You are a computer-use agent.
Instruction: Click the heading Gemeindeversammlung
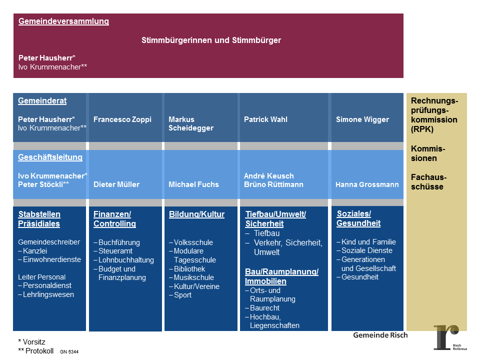click(x=63, y=21)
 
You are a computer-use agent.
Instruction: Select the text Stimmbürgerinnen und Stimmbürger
click(x=211, y=40)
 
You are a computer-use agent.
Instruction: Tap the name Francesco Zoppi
click(x=122, y=119)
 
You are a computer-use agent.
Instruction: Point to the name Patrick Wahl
click(x=265, y=119)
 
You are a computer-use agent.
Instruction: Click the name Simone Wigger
click(x=362, y=119)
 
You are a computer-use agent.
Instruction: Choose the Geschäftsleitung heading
click(x=50, y=157)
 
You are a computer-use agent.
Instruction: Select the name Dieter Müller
click(x=116, y=184)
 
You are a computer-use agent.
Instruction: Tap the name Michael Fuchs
click(x=193, y=184)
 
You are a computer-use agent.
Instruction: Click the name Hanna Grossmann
click(x=367, y=184)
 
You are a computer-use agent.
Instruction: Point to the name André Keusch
click(x=268, y=176)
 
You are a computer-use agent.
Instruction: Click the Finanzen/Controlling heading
click(x=114, y=219)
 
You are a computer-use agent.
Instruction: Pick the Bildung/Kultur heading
click(x=196, y=214)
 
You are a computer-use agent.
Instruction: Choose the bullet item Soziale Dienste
click(x=366, y=250)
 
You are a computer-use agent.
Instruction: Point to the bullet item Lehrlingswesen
click(x=48, y=294)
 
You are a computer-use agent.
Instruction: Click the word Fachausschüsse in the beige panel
click(x=428, y=182)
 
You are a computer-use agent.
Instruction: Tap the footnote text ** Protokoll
click(x=35, y=350)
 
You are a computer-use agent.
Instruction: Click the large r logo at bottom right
click(x=446, y=337)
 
